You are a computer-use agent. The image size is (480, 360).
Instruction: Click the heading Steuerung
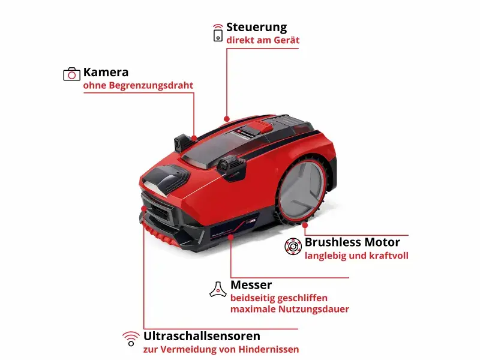256,28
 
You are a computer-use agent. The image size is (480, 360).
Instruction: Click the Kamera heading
106,73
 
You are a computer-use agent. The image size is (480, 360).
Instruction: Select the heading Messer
251,285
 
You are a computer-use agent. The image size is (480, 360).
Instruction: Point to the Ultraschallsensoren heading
202,336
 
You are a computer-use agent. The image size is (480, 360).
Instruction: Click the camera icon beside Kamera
71,74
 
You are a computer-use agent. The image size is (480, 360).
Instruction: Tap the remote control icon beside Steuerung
217,33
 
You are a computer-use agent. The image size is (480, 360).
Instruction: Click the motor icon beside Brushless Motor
293,247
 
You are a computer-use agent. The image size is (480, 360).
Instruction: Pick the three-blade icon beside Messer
217,289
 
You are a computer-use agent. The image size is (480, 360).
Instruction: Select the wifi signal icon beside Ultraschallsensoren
130,337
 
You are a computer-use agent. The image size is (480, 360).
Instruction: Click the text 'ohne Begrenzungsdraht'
138,86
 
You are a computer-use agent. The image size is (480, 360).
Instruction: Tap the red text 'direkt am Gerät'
263,40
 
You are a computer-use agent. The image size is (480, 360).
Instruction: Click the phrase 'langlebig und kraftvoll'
356,256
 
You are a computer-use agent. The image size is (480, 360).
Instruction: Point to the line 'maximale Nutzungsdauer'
290,310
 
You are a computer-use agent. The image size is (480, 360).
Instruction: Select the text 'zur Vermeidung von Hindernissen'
221,349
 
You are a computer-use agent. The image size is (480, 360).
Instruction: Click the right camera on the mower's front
229,164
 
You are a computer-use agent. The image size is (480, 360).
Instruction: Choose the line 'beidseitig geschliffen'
279,298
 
